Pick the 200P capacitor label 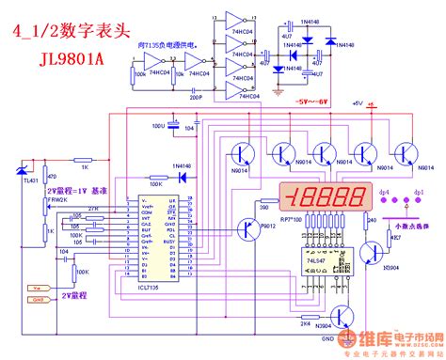[x=195, y=97]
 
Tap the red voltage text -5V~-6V [x=312, y=99]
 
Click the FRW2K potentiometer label [x=57, y=199]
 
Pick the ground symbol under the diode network [x=279, y=92]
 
